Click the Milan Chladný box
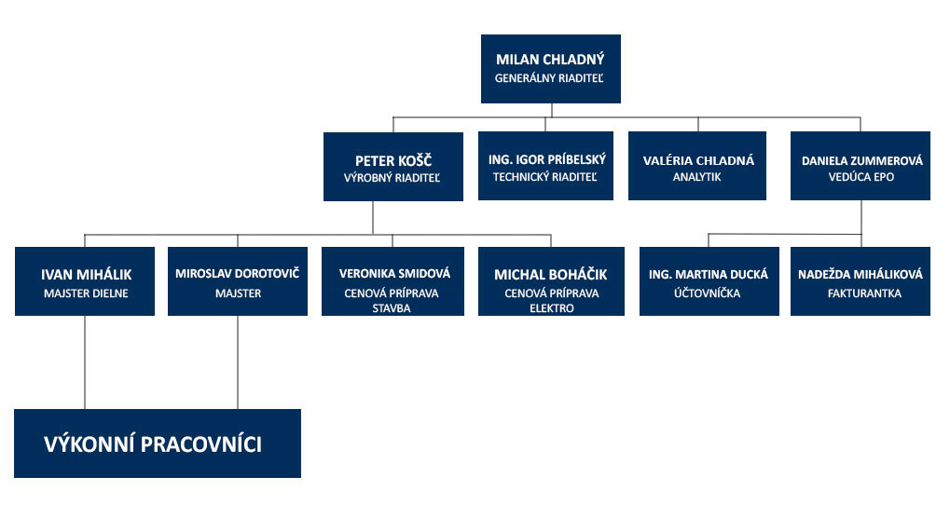(551, 68)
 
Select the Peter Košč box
(393, 167)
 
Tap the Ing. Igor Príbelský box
(546, 166)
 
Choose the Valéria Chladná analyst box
(697, 166)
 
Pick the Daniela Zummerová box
(861, 166)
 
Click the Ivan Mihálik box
(85, 281)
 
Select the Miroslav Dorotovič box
(238, 281)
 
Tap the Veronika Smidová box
(392, 281)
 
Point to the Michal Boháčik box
(551, 281)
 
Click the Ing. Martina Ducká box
(709, 281)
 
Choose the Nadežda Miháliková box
(861, 281)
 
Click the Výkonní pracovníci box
(158, 443)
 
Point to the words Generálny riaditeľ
(549, 78)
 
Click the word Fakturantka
(864, 293)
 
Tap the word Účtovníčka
(707, 293)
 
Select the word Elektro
(551, 308)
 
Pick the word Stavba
(392, 308)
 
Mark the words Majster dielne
(86, 293)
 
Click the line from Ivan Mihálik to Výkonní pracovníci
(85, 362)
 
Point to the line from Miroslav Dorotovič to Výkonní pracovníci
(238, 362)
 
